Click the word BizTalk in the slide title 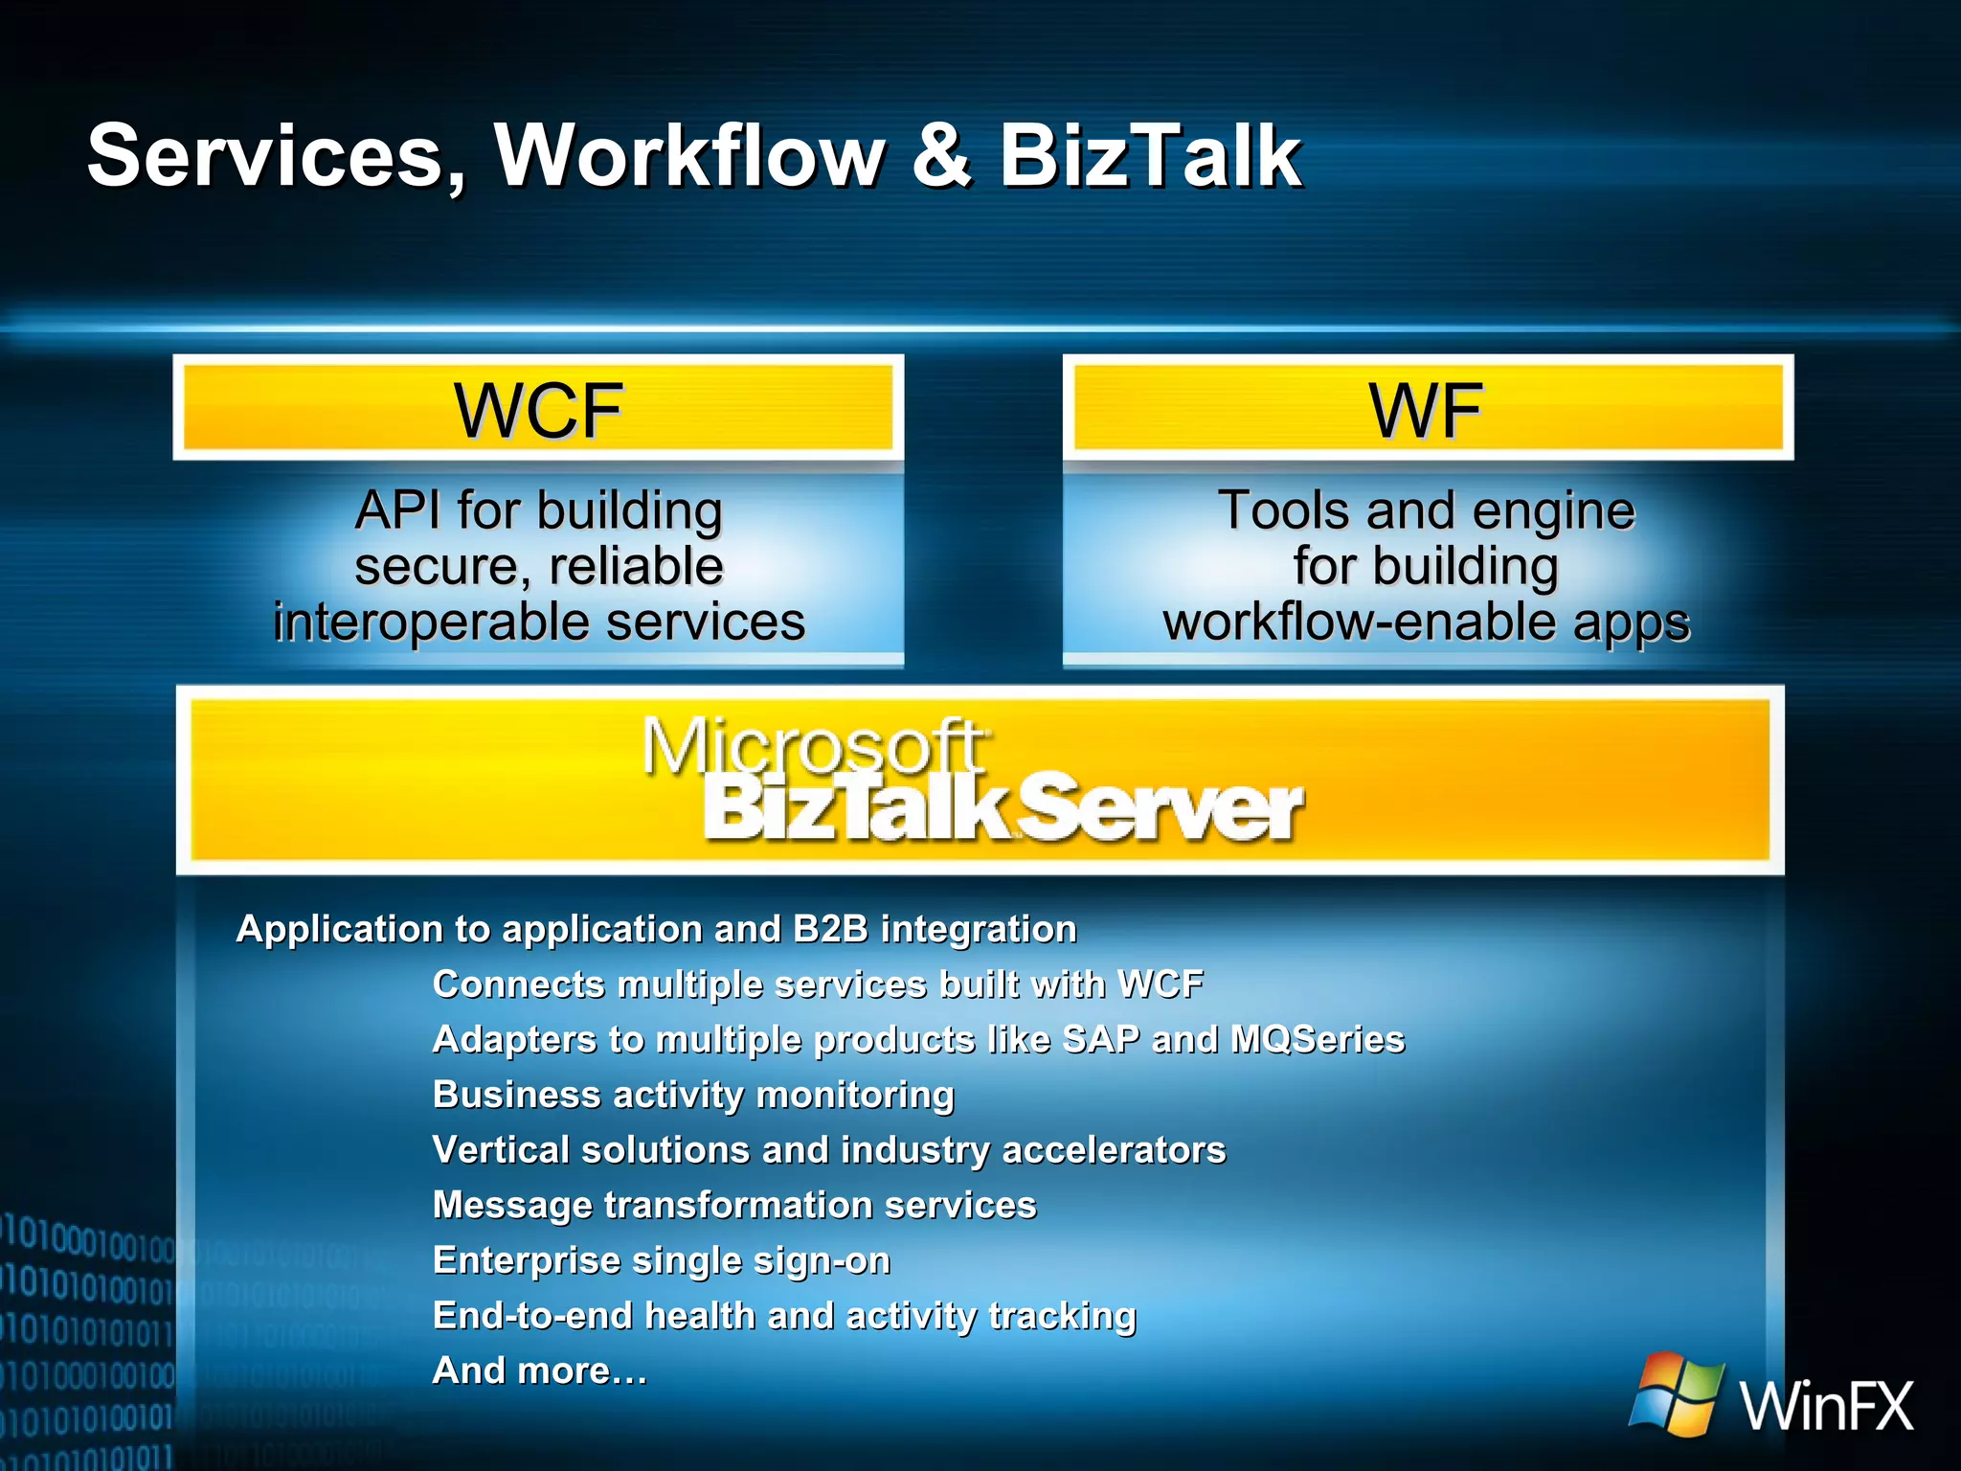[x=1149, y=156]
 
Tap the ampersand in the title [x=941, y=156]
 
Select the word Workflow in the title [x=689, y=156]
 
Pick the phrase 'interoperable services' [x=539, y=622]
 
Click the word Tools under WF [x=1283, y=509]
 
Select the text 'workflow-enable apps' [x=1427, y=622]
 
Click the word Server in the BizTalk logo [x=1159, y=809]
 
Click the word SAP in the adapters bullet [x=1100, y=1040]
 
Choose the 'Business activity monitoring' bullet [x=693, y=1095]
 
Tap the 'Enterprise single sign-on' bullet [x=662, y=1260]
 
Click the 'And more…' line [x=540, y=1370]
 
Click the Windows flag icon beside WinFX [x=1676, y=1393]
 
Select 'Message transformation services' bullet [x=734, y=1205]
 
